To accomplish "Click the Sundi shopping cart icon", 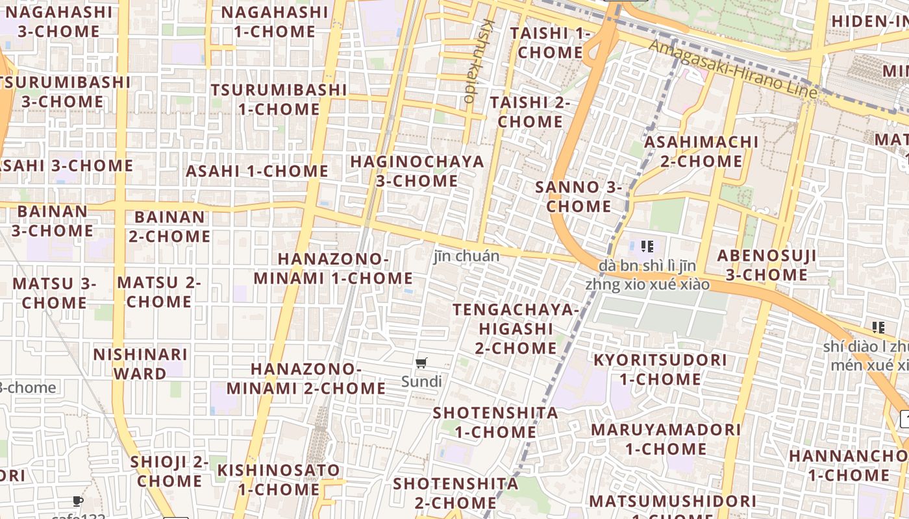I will [x=421, y=363].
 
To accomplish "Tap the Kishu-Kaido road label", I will [x=479, y=62].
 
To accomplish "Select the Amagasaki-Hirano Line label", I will [x=733, y=68].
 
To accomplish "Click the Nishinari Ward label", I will [x=141, y=364].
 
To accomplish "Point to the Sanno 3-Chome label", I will [x=579, y=197].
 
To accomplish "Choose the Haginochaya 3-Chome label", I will [x=417, y=171].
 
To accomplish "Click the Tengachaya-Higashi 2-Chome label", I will [x=516, y=328].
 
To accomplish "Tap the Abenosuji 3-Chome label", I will [x=767, y=265].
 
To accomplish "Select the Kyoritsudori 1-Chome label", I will [x=660, y=368].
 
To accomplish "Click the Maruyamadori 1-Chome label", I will [x=666, y=439].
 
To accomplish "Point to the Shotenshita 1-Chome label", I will [x=495, y=422].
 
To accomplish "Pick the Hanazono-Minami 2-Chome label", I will [x=306, y=378].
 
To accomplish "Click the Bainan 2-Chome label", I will [x=169, y=226].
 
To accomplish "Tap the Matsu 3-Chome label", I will [x=55, y=293].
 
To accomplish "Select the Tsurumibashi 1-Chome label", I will [x=279, y=99].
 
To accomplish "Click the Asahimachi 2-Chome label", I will [x=701, y=151].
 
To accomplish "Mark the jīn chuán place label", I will [x=466, y=256].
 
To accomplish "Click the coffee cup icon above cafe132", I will [x=78, y=501].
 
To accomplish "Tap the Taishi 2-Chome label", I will [x=530, y=112].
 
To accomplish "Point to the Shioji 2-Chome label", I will [x=169, y=471].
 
